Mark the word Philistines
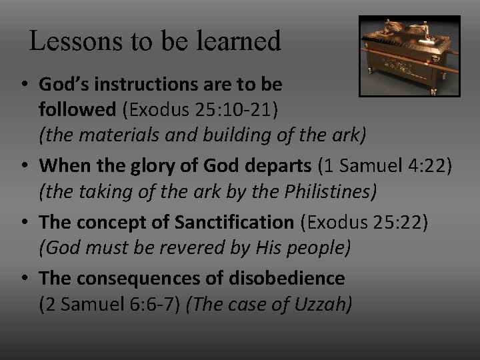[327, 193]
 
